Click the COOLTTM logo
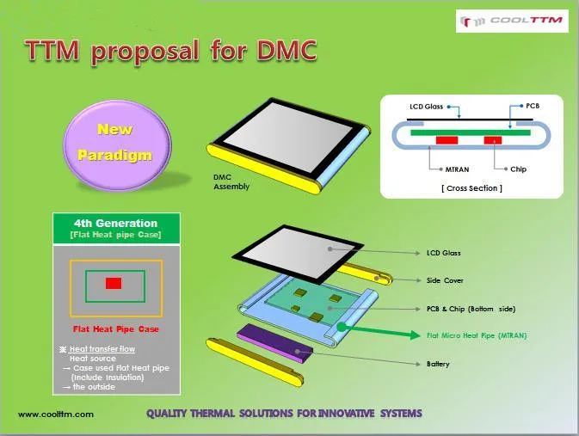tap(512, 21)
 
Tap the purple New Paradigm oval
tap(117, 145)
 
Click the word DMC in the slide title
tap(286, 50)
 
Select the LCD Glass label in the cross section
tap(426, 107)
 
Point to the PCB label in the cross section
tap(533, 106)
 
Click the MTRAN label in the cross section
tap(457, 169)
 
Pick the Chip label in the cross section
tap(518, 169)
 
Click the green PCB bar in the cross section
tap(471, 132)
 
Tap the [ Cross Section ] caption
tap(472, 188)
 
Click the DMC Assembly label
tap(231, 182)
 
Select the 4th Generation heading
tap(115, 223)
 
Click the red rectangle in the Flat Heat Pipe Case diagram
tap(114, 283)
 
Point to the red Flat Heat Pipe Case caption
tap(116, 329)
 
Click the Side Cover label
tap(445, 280)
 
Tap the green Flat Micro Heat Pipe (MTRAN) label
tap(477, 335)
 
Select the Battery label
tap(438, 364)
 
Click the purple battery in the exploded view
tap(275, 341)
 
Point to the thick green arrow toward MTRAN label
tap(379, 331)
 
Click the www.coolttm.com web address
tap(56, 415)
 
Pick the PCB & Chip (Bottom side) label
tap(471, 309)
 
